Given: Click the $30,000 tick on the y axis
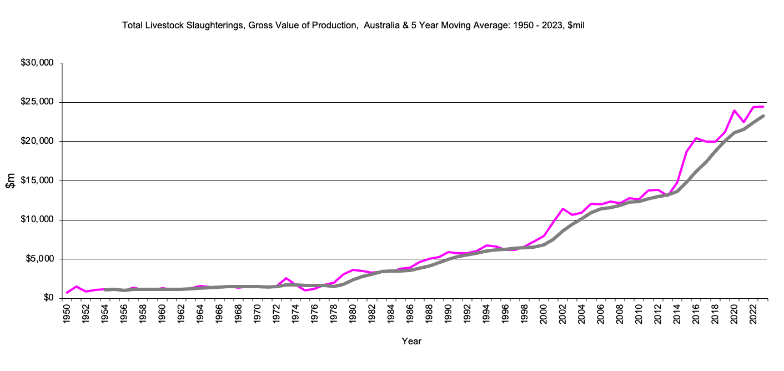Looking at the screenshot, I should point(37,63).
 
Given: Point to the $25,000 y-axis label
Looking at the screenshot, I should point(37,102).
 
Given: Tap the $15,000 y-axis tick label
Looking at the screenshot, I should point(37,181).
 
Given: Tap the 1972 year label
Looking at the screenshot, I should point(276,313).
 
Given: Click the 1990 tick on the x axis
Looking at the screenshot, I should point(447,313).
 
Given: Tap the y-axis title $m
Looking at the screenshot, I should point(11,181).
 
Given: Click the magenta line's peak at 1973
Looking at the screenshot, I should point(286,278).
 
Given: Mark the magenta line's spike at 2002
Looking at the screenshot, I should point(562,209).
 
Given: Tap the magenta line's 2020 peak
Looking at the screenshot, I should point(734,111).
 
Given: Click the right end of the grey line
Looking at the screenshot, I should point(763,116).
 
